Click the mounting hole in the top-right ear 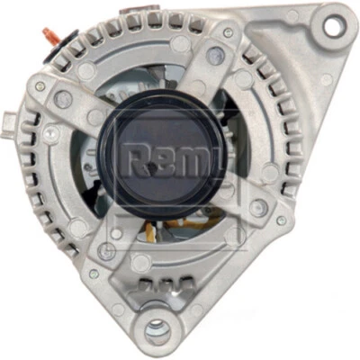[x=334, y=26]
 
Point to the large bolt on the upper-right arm [x=216, y=56]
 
